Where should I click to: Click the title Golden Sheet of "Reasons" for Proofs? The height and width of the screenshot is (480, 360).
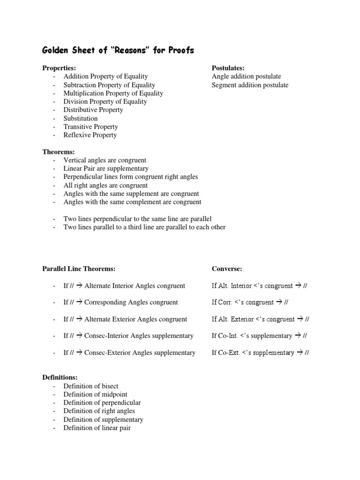click(118, 50)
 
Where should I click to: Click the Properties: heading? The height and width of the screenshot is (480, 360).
click(59, 68)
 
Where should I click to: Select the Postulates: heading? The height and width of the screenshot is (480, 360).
click(228, 68)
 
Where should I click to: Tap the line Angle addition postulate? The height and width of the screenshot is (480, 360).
click(246, 76)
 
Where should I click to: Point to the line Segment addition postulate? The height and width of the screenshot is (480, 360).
click(250, 85)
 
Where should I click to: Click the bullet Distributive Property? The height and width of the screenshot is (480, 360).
click(93, 110)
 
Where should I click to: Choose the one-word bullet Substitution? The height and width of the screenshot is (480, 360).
click(81, 118)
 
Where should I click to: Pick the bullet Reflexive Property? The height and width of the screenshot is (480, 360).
click(90, 135)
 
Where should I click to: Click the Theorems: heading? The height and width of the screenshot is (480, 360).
click(59, 152)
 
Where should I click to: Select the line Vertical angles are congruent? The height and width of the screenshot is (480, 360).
click(105, 160)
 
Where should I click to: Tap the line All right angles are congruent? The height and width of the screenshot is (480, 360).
click(105, 185)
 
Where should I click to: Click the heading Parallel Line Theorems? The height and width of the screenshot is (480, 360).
click(79, 269)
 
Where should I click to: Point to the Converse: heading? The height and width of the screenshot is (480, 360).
click(227, 269)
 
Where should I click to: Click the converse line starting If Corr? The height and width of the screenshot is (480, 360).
click(250, 302)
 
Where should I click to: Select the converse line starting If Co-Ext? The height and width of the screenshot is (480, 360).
click(260, 352)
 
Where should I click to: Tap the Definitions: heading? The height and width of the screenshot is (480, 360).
click(60, 377)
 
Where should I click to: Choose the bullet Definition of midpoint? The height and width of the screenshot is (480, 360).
click(95, 394)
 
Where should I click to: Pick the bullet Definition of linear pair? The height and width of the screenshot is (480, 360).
click(97, 428)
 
